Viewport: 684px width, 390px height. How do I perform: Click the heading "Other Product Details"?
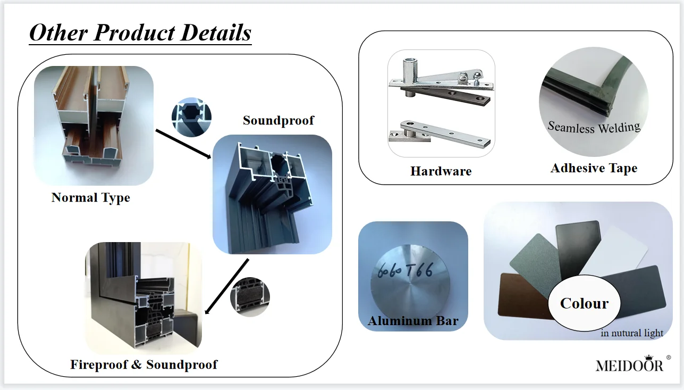point(140,33)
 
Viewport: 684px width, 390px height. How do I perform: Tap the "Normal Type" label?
point(91,198)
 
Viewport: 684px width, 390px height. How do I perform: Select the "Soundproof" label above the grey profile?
point(278,121)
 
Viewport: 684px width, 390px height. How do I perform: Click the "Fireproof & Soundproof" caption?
point(144,364)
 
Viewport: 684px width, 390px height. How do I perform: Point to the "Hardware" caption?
point(441,171)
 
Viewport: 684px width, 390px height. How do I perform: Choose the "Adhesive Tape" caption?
point(594,169)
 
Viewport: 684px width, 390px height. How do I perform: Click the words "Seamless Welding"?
point(594,127)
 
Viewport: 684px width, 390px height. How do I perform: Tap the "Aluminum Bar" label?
point(413,321)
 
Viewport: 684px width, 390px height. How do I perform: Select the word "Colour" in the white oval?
point(584,303)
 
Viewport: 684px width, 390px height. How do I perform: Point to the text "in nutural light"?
point(632,334)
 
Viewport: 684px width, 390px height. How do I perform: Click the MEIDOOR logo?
point(629,366)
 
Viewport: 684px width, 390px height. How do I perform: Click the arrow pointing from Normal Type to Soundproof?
point(183,144)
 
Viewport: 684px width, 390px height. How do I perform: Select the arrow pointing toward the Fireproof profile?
point(226,287)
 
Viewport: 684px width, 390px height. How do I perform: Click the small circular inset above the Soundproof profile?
point(191,117)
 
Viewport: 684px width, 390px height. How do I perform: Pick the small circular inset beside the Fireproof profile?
point(250,296)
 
